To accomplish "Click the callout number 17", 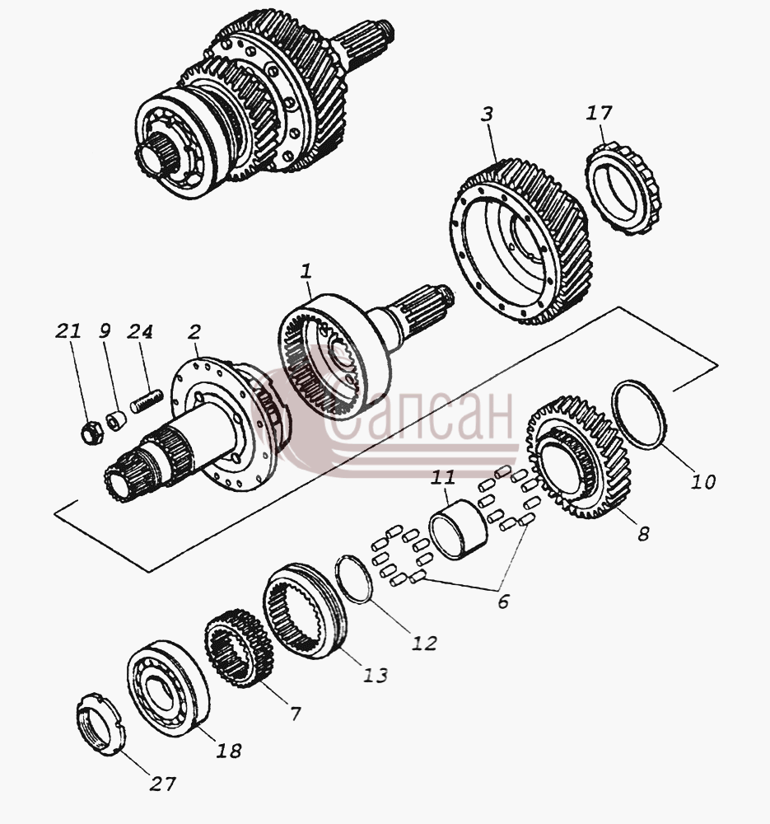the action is click(x=600, y=113).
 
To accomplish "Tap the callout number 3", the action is click(x=488, y=114).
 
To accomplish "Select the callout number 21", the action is click(x=68, y=331).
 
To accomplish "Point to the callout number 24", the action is click(x=139, y=331).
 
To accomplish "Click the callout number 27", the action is click(x=162, y=784).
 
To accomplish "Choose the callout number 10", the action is click(x=703, y=481).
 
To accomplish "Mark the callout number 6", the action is click(x=503, y=602).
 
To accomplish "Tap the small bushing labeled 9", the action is click(x=116, y=420).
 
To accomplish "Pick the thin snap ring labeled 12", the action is click(x=354, y=579).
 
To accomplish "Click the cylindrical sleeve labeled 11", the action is click(x=459, y=528).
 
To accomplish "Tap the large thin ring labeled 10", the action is click(x=639, y=414).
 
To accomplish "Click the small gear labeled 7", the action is click(x=239, y=648).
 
